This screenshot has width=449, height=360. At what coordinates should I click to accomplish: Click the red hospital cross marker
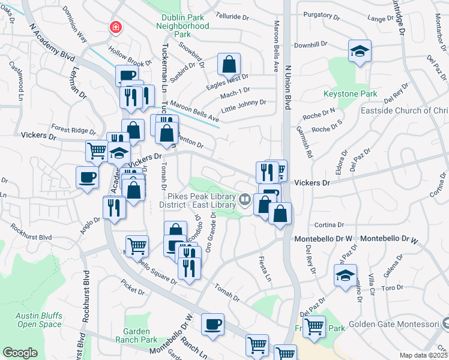[x=114, y=27]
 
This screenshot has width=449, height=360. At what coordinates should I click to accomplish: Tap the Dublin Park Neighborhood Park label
[x=182, y=26]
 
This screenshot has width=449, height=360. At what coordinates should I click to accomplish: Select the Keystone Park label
[x=358, y=94]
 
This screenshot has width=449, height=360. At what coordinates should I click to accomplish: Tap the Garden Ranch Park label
[x=140, y=335]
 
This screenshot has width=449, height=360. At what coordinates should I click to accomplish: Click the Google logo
[x=20, y=353]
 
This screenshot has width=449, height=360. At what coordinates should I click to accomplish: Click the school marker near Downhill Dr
[x=360, y=52]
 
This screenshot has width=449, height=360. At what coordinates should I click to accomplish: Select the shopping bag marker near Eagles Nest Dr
[x=229, y=64]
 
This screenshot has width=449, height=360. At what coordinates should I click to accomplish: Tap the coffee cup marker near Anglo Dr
[x=88, y=178]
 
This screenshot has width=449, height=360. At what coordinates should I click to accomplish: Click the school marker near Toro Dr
[x=345, y=275]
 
